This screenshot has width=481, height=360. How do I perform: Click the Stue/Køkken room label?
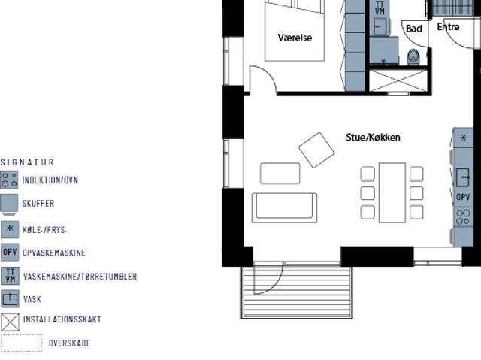pos(373,138)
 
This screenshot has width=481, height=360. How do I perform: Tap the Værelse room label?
pos(295,38)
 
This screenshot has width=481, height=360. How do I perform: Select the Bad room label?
pos(413,29)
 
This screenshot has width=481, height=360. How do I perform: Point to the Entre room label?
pos(448,27)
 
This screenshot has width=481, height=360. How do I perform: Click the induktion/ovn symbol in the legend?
pos(9,180)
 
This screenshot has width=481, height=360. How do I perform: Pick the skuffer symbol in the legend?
pos(9,204)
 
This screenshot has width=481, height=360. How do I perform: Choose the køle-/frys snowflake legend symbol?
pos(9,229)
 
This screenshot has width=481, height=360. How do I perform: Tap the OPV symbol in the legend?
pos(9,253)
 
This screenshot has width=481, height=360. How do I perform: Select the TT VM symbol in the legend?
pos(9,276)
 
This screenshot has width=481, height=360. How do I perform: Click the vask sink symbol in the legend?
pos(9,299)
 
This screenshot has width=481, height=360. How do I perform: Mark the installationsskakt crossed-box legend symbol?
pos(9,322)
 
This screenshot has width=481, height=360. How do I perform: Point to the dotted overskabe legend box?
pos(21,343)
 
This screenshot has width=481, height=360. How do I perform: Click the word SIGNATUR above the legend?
pos(27,162)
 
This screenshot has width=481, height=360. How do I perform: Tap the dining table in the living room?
pos(392,192)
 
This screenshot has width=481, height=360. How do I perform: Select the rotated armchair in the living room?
pos(316,150)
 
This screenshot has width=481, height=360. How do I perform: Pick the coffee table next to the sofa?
pos(280,173)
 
